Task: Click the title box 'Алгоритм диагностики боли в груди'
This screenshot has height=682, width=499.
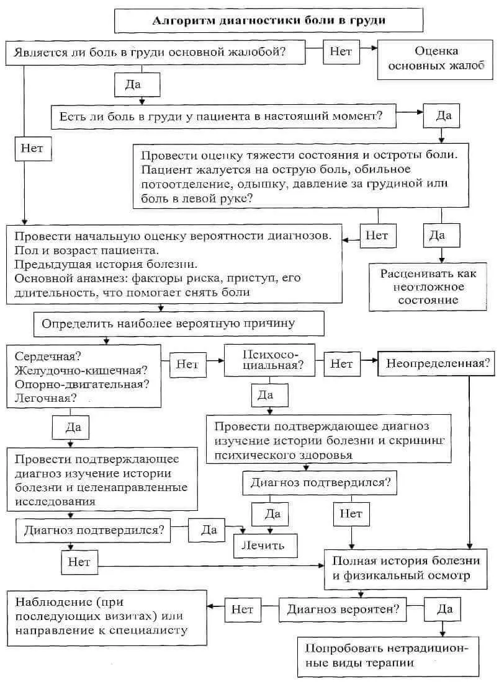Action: tap(269, 20)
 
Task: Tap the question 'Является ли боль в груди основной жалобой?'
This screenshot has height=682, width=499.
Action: tap(156, 52)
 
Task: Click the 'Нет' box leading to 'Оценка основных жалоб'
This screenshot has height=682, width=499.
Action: tap(341, 52)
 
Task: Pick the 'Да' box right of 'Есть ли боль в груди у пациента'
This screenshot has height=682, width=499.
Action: tap(443, 116)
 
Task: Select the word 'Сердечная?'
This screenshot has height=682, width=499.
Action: tap(48, 357)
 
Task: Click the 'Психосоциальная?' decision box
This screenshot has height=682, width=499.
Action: tap(270, 359)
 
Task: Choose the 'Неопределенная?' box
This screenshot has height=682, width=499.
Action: tap(436, 363)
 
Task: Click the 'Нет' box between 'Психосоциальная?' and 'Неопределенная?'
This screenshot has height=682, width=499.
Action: tap(341, 363)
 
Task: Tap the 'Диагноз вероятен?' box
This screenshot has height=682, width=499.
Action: tap(342, 609)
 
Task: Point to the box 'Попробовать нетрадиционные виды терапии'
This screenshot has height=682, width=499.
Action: tap(388, 655)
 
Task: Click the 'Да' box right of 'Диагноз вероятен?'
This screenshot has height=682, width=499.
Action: tap(444, 609)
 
